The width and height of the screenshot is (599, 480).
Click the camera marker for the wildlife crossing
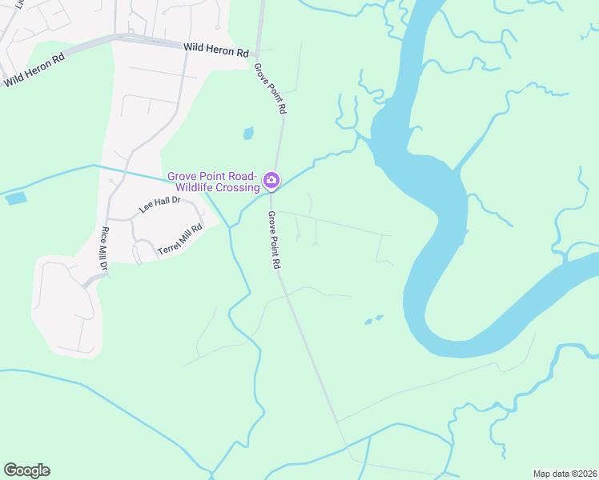pos(271,182)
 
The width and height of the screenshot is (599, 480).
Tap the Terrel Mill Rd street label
pos(179,239)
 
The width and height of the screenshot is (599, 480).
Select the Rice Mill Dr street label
pos(104,250)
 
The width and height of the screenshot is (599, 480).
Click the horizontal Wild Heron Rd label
pos(216,50)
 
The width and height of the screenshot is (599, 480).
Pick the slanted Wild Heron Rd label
pos(34,70)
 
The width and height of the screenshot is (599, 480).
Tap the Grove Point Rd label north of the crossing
pos(270,88)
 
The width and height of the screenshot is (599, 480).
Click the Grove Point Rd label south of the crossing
pos(273,239)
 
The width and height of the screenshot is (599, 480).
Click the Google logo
pos(26,470)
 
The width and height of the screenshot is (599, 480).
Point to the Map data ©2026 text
pos(565,474)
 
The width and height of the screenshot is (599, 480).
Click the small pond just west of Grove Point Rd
pos(248,134)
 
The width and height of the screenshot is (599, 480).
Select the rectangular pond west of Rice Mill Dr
pos(16,198)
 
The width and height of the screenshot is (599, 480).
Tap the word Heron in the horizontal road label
pos(219,50)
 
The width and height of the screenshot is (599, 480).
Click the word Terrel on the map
pos(170,245)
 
